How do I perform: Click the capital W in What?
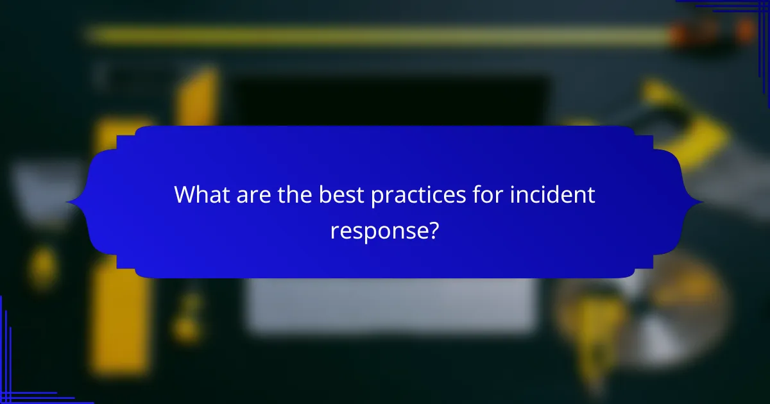coord(185,194)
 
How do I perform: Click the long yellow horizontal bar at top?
coord(372,35)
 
